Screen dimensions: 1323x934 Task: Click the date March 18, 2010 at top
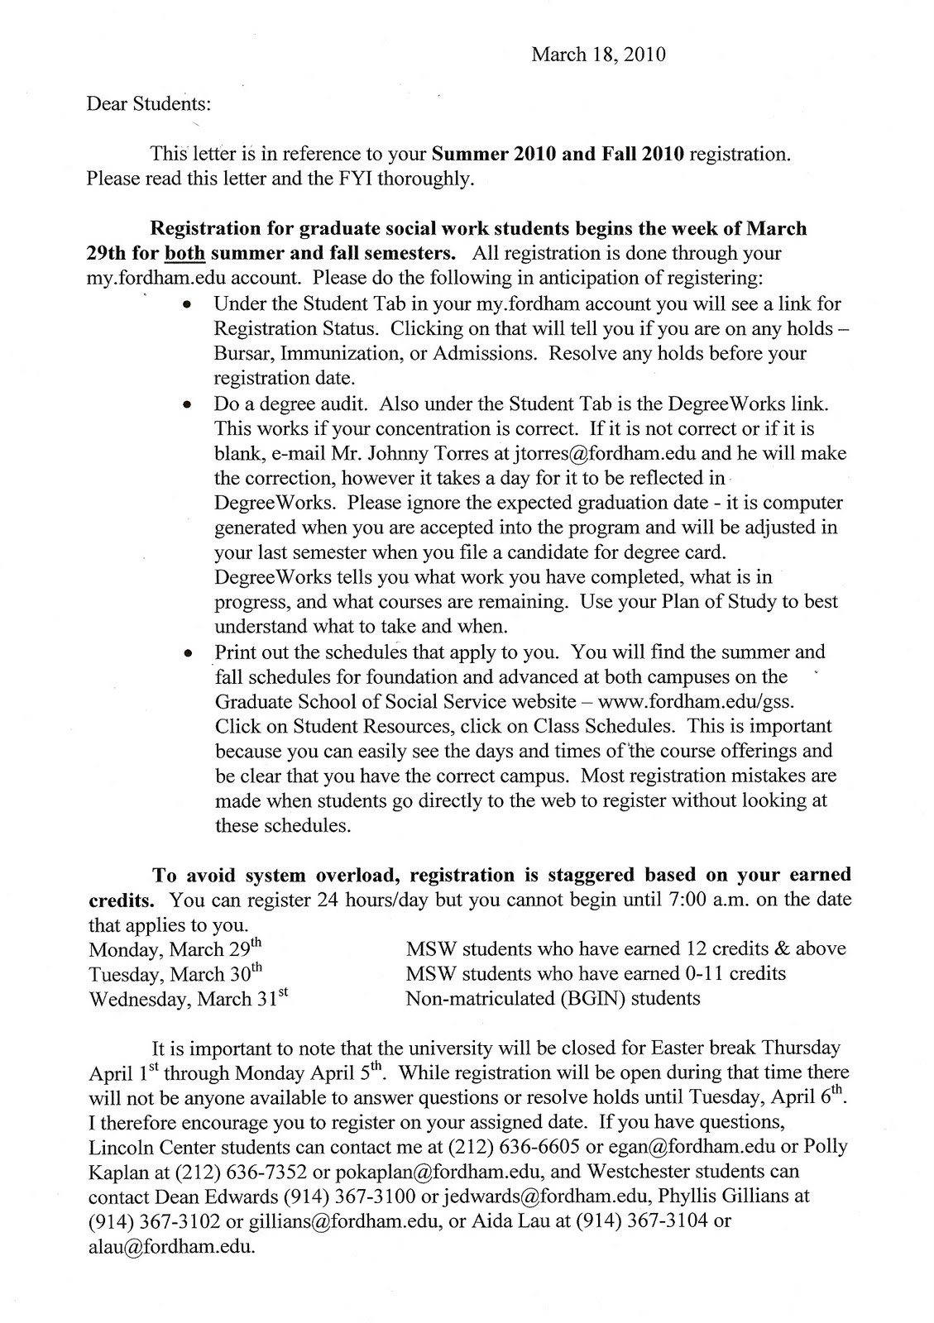[x=597, y=55]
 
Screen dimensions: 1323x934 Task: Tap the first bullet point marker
[x=189, y=305]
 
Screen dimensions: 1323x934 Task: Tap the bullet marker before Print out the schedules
[x=189, y=652]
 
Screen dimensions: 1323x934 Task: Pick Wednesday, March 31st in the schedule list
[x=188, y=998]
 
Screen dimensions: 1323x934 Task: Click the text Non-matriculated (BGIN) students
[x=553, y=998]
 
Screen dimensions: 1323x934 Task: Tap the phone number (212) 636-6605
[x=519, y=1148]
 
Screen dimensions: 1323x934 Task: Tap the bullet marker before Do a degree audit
[x=189, y=405]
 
